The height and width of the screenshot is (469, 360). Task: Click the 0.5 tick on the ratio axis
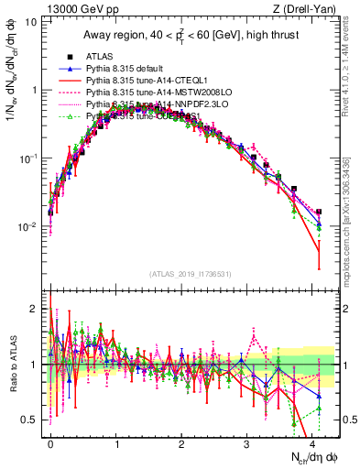[30, 420]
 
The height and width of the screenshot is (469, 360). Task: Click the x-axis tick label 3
[246, 442]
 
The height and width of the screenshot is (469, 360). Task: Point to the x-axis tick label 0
[50, 442]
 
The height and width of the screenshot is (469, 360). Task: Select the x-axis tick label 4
[311, 442]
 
